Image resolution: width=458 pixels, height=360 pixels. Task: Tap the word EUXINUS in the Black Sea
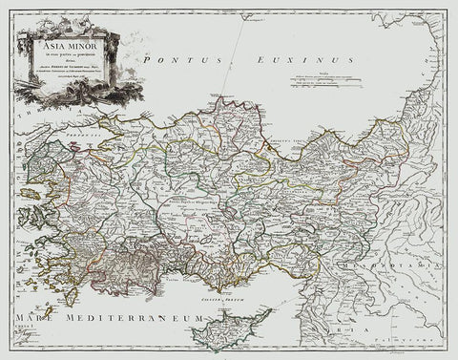(221, 60)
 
